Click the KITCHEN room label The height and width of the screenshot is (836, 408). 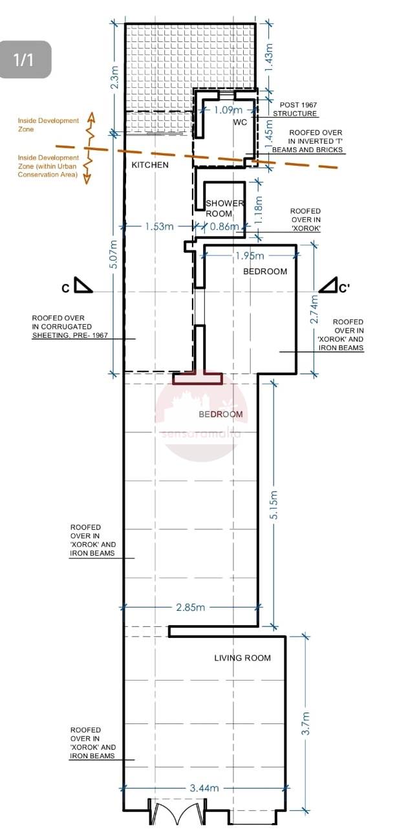(x=150, y=164)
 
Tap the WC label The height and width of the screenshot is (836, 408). (x=240, y=122)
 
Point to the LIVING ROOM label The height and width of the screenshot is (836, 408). (x=242, y=657)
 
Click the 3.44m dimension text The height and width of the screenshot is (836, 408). (x=204, y=788)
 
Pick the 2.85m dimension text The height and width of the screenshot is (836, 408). (x=190, y=607)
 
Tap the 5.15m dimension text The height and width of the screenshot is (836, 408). (x=274, y=505)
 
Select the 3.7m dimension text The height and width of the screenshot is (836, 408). (x=305, y=723)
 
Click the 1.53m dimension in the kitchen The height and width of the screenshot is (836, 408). (x=159, y=226)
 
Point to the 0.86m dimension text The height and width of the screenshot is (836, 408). (x=224, y=226)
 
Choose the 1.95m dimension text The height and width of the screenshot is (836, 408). (x=250, y=256)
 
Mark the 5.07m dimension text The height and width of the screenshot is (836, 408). (x=114, y=254)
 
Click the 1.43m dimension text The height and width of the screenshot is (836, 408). (x=268, y=57)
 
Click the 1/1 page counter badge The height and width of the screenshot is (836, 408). (x=25, y=60)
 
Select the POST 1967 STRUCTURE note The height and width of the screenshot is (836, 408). (x=295, y=109)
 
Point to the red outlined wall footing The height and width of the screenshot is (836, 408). (x=198, y=378)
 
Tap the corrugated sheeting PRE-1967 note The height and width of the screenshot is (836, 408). (x=70, y=327)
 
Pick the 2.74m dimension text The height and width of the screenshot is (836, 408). (x=314, y=309)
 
